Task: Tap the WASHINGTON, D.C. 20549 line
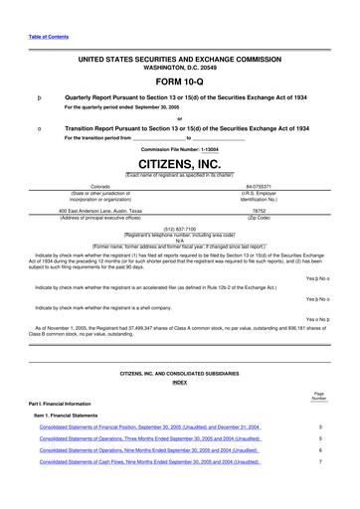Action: click(x=179, y=69)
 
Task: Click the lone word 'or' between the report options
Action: click(x=179, y=116)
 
